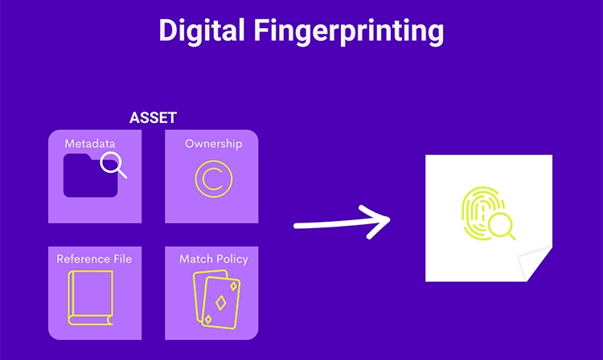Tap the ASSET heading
click(x=153, y=118)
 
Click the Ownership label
click(x=213, y=144)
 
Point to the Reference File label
click(x=94, y=259)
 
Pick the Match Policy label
click(x=213, y=259)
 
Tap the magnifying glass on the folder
click(x=113, y=166)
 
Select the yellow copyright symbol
click(x=211, y=179)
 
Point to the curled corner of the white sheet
click(x=535, y=265)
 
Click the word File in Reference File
click(x=120, y=259)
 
